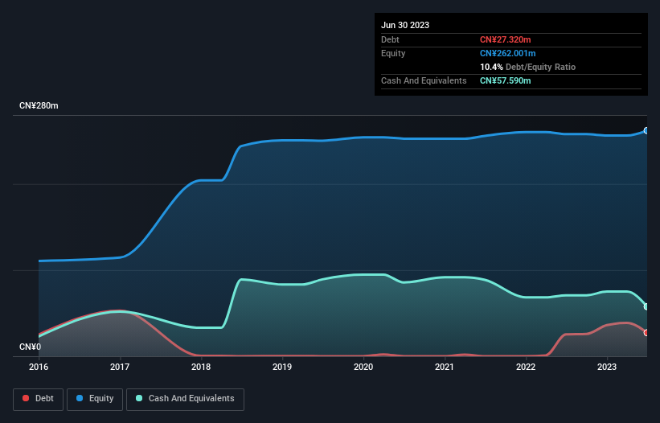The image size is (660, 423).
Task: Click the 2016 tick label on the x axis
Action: click(39, 367)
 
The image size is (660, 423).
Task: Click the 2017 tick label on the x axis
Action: click(120, 367)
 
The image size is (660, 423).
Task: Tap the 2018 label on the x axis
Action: click(201, 367)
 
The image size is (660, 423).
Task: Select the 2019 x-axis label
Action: click(282, 367)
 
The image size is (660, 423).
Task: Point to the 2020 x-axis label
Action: click(363, 367)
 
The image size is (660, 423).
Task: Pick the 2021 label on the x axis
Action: click(445, 367)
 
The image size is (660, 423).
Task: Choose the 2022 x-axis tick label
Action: click(526, 367)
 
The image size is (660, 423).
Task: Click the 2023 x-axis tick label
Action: click(607, 367)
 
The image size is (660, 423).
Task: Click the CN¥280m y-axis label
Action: click(39, 106)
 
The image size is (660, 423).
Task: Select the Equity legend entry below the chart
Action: click(95, 399)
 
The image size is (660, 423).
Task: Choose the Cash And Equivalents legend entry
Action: click(185, 399)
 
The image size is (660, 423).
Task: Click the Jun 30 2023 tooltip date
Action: click(405, 25)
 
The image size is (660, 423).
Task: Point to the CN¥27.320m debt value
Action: click(505, 39)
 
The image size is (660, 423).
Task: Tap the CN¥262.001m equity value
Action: click(507, 53)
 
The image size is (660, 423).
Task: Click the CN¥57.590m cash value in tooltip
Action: click(505, 80)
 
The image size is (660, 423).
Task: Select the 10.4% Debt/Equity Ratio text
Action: click(527, 67)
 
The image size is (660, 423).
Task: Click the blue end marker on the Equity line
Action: click(646, 130)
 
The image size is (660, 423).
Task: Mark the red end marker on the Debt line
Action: click(646, 332)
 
